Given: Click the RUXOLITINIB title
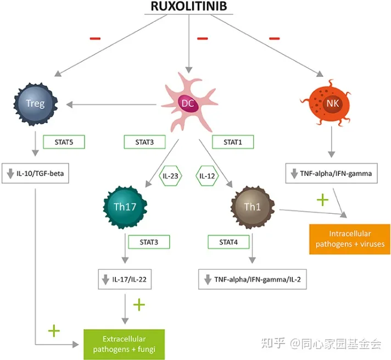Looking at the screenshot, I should [x=188, y=7].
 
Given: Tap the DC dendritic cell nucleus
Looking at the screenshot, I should [x=187, y=102].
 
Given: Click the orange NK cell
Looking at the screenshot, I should [x=331, y=103].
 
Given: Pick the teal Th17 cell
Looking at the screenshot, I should [x=125, y=207].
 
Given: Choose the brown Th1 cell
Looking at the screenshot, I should [x=253, y=207].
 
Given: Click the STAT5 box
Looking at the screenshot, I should [x=64, y=142].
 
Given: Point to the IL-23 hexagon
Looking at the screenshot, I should [x=169, y=176].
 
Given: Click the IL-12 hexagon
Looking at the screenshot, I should [x=208, y=176].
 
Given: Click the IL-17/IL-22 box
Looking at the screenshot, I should [x=125, y=280].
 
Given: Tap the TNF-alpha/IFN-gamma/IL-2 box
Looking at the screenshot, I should [x=253, y=280].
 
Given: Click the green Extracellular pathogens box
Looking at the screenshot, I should [x=124, y=343].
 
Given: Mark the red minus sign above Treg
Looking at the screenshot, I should [x=96, y=38].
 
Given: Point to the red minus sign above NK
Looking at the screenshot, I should [x=274, y=38].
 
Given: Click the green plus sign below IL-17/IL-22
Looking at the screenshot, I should [x=140, y=304].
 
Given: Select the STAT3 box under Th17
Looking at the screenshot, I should [x=149, y=242].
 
